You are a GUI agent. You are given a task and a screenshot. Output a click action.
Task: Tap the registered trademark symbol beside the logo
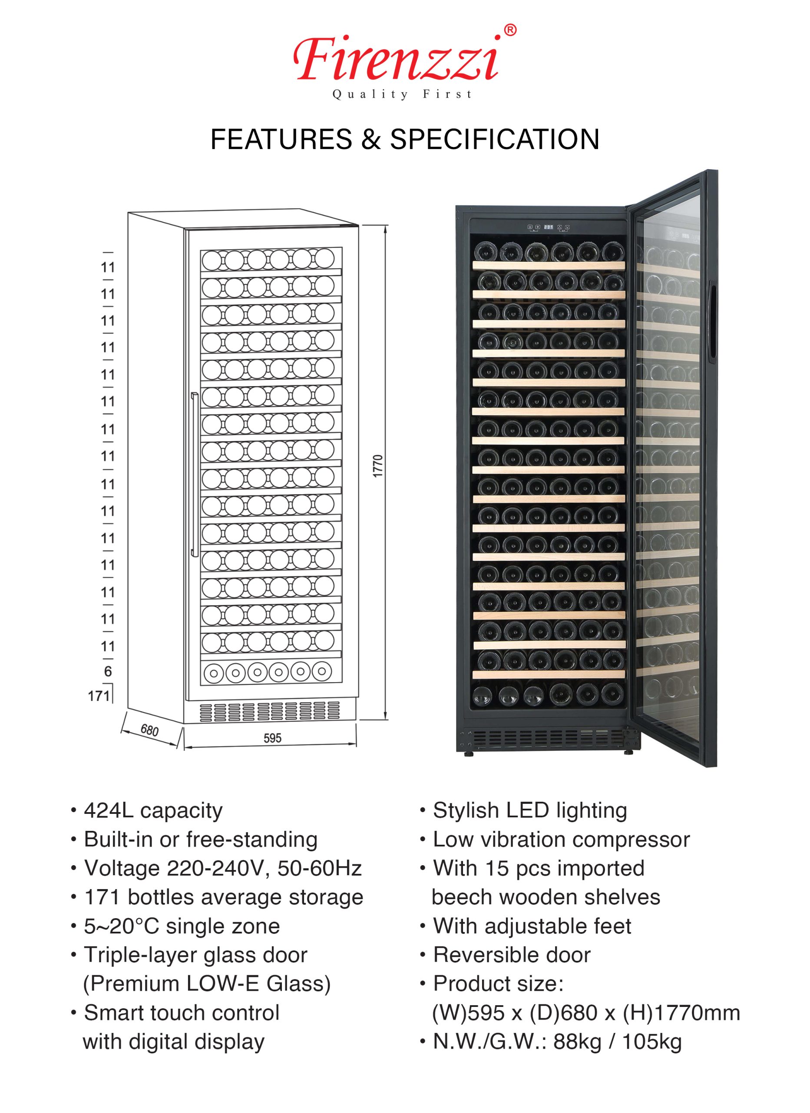tap(510, 30)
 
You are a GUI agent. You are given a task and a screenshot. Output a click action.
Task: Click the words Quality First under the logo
tap(402, 94)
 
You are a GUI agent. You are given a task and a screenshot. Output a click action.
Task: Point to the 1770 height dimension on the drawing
tap(377, 466)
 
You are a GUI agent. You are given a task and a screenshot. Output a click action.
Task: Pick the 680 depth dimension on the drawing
tap(149, 731)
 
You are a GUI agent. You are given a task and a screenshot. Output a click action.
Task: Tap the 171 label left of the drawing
tap(98, 696)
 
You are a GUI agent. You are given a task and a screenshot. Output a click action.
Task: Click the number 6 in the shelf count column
tap(108, 671)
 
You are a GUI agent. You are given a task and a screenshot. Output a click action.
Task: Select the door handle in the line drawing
tap(195, 474)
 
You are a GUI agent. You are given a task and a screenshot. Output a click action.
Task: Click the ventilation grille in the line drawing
tap(269, 711)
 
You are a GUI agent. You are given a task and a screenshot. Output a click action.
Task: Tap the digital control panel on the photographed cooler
tap(548, 227)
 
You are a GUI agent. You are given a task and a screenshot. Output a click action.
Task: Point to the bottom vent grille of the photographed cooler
tap(548, 737)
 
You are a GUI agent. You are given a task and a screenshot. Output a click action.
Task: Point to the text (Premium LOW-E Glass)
tap(206, 984)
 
